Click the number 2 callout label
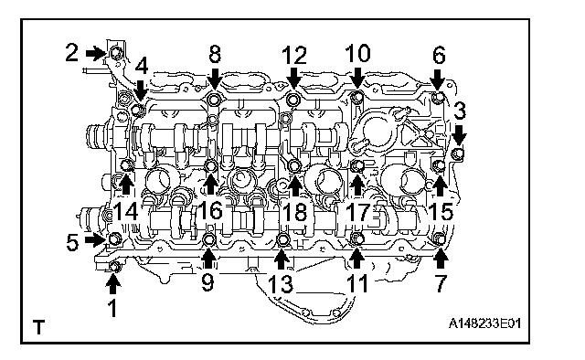point(72,52)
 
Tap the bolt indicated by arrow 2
point(116,53)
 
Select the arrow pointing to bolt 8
point(215,78)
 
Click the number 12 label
point(294,55)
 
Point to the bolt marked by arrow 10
point(357,98)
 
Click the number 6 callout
point(439,56)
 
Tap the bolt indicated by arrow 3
point(457,154)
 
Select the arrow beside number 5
point(94,239)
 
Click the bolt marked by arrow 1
point(115,267)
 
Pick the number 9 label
point(207,281)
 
